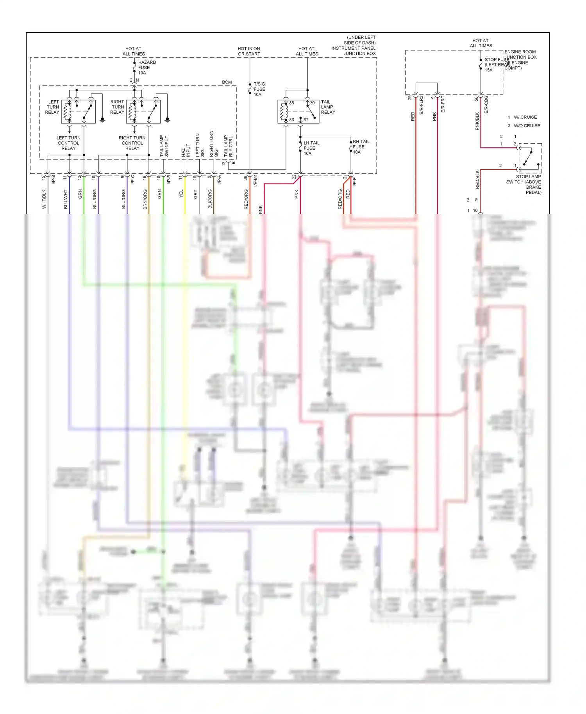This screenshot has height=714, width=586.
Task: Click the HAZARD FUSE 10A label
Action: point(146,68)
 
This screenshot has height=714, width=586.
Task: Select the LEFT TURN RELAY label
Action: point(52,107)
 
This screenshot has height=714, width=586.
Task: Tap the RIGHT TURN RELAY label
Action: point(117,107)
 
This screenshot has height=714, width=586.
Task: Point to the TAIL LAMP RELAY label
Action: point(327,107)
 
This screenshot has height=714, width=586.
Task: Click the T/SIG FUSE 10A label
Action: point(259,89)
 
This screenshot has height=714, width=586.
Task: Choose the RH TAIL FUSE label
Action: point(360,147)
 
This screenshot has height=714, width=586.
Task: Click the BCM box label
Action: point(227,82)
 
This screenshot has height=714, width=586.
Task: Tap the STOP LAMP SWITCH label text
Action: point(525,184)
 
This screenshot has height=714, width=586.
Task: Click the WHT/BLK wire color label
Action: point(44,199)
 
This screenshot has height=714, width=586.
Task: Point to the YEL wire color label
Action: point(181,193)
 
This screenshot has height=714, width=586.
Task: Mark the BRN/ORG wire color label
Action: point(145,199)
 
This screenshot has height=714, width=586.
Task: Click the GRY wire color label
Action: point(196,194)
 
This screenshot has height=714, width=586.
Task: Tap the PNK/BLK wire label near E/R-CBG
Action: point(477,121)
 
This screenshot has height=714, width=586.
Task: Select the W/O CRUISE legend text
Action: point(526,126)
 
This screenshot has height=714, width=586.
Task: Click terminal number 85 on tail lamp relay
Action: point(291,103)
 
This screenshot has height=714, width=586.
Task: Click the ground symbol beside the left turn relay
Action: point(102,120)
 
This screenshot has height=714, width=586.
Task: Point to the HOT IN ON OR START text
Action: point(249,51)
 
